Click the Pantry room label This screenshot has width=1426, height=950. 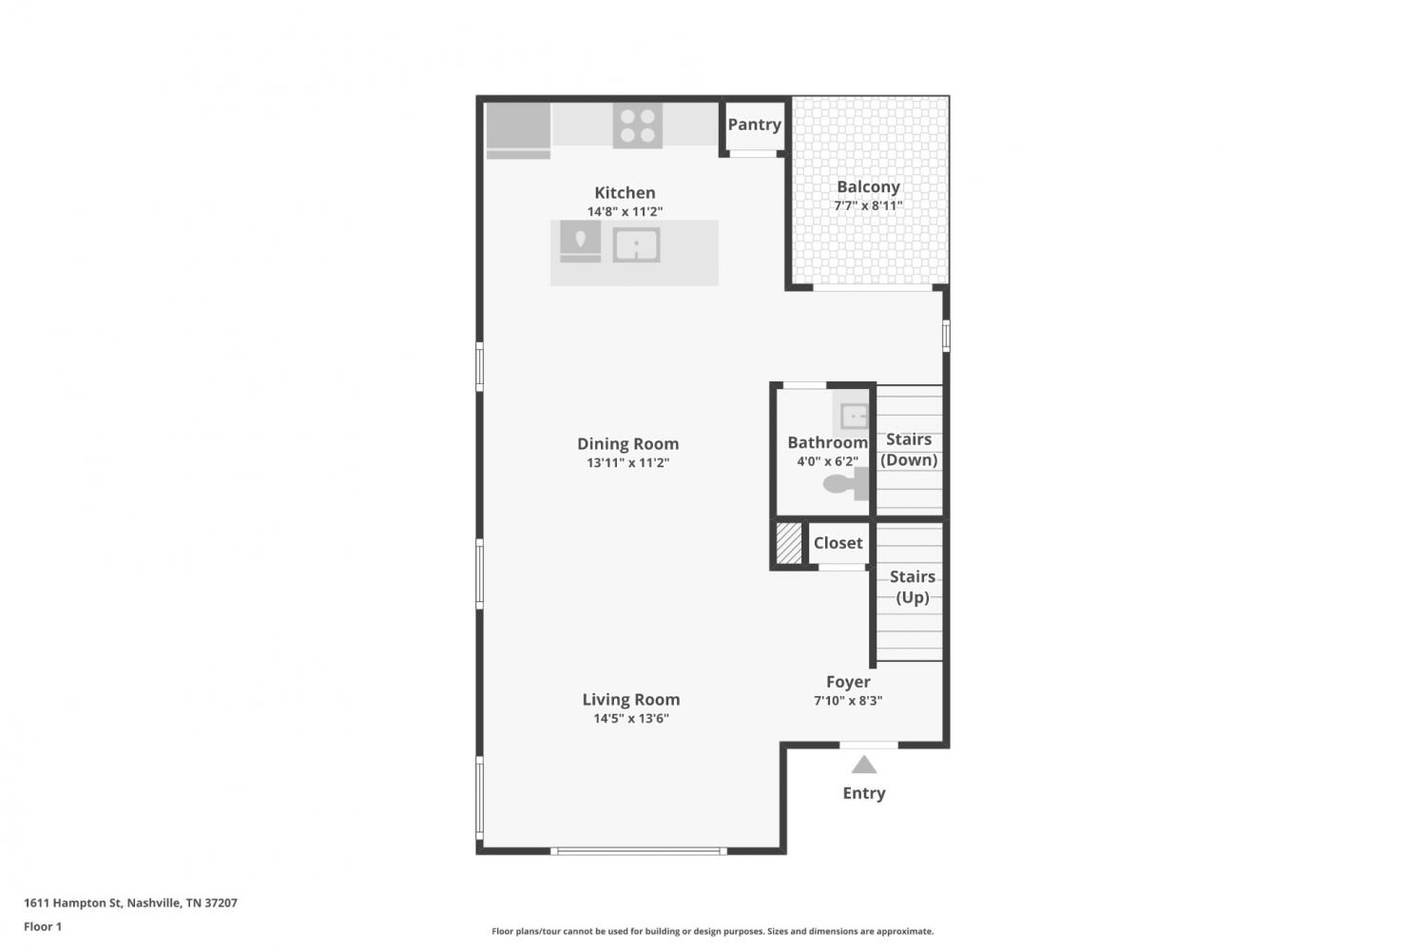click(x=755, y=125)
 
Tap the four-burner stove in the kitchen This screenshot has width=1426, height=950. click(x=637, y=126)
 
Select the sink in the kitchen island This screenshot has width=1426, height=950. click(x=636, y=245)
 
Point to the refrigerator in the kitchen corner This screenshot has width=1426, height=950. click(x=518, y=130)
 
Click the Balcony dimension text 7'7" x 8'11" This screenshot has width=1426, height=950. click(x=868, y=205)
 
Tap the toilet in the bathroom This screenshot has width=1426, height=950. click(x=846, y=484)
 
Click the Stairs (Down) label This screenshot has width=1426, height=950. click(x=909, y=450)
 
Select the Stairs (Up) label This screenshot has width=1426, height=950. click(x=913, y=587)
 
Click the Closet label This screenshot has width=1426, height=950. click(x=838, y=543)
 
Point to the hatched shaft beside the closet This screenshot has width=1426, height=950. click(x=789, y=543)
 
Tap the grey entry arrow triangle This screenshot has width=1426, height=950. click(x=864, y=764)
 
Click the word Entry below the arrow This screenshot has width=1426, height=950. click(x=864, y=793)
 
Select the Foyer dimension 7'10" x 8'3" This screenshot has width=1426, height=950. click(x=848, y=701)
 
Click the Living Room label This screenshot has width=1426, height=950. click(x=631, y=699)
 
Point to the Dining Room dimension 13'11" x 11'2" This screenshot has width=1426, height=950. click(x=627, y=463)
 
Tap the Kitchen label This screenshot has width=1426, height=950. click(x=625, y=192)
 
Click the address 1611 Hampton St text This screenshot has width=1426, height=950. click(x=72, y=902)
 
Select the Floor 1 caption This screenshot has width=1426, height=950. click(x=43, y=926)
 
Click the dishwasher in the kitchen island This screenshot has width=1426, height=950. click(x=580, y=242)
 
